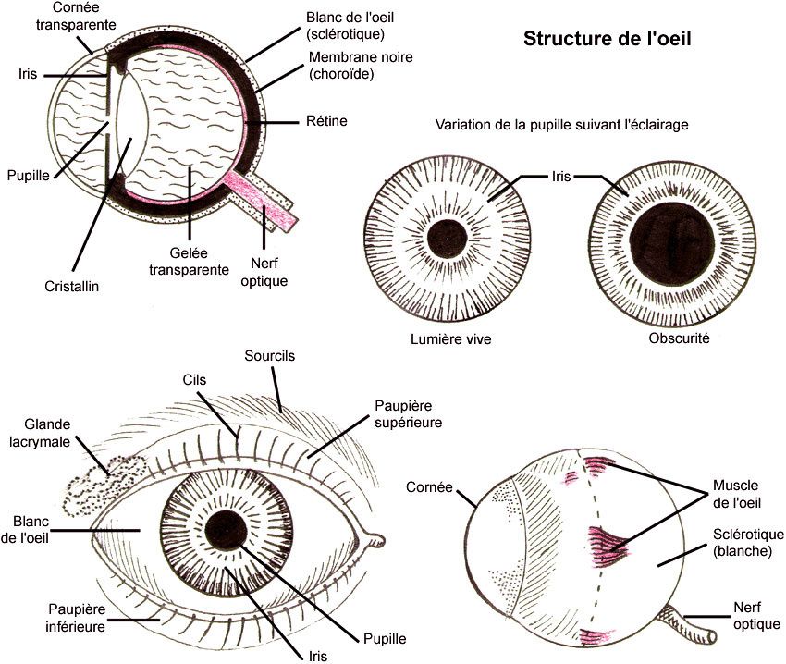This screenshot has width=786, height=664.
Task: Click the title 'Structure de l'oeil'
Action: click(608, 40)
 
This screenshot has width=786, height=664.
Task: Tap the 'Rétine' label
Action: click(326, 121)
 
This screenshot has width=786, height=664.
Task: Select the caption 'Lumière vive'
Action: click(450, 339)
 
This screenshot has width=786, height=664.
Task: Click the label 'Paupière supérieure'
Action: click(408, 413)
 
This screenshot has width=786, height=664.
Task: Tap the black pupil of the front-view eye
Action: click(223, 530)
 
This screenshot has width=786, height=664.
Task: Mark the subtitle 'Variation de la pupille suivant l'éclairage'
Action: click(570, 125)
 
